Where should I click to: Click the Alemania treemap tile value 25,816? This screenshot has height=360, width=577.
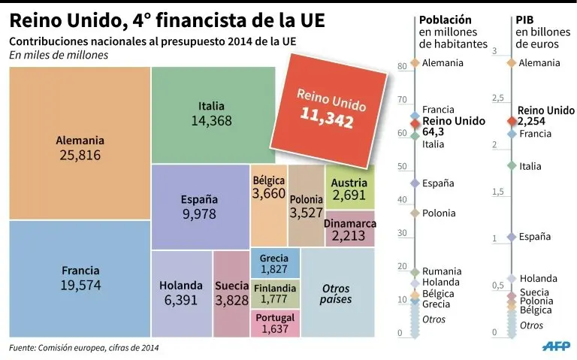point(79,156)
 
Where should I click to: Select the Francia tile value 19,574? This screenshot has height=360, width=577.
point(79,286)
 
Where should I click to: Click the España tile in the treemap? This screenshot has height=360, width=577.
point(199,207)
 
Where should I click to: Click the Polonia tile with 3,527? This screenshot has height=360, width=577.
point(305,206)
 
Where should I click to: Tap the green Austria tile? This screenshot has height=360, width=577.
point(349,188)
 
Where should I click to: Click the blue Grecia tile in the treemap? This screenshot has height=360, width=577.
point(274,263)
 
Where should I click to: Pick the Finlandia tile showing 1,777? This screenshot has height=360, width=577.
point(274,293)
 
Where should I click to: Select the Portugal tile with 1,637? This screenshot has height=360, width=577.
point(274,323)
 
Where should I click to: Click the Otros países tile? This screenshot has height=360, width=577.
point(336,293)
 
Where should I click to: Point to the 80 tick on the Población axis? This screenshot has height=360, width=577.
point(402,67)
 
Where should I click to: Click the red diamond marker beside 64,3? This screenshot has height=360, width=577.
point(414,123)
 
